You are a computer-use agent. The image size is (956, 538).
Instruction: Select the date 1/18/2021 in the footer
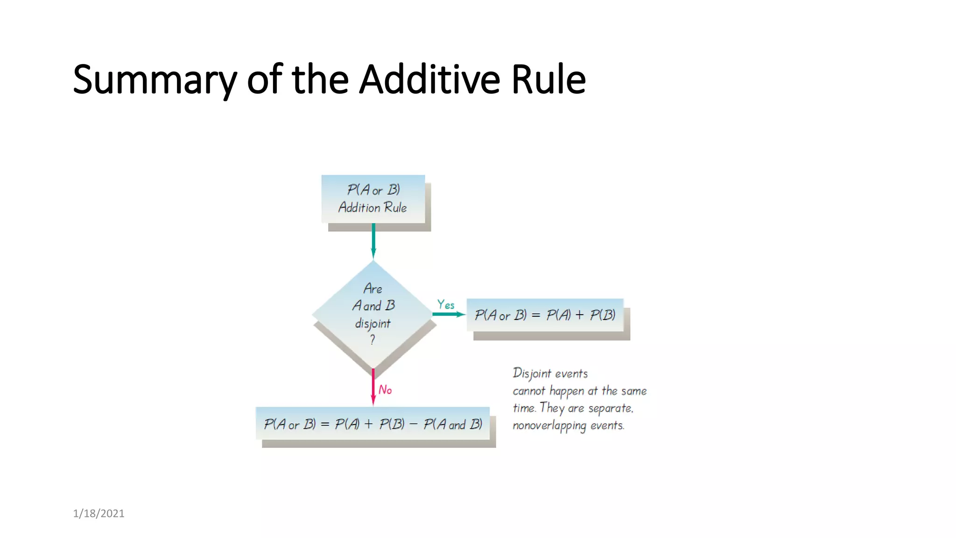98,513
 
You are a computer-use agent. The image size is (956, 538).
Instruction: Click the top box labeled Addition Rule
373,199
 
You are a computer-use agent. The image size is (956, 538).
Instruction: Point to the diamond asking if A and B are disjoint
373,314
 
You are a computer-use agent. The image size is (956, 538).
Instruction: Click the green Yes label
446,305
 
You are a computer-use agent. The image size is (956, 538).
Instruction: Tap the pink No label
385,390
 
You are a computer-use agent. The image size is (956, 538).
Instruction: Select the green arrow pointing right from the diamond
448,314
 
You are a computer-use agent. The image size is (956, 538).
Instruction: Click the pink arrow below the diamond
373,386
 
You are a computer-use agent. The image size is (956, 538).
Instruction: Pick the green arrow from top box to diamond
373,240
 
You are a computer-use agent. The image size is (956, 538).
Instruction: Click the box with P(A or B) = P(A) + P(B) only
545,315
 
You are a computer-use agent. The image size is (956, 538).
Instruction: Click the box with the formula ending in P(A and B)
373,424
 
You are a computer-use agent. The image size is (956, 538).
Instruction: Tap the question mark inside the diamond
373,340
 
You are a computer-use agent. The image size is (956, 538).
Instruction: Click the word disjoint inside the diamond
373,323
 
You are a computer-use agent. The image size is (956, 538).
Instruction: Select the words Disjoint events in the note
550,374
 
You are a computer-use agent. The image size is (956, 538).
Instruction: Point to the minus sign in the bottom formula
413,425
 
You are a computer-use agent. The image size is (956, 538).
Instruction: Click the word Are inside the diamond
373,289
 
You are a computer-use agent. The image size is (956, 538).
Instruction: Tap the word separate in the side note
610,409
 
